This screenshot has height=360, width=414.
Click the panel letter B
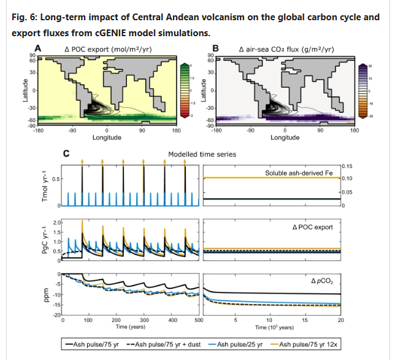pos(215,48)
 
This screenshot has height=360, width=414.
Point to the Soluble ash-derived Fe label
pos(299,174)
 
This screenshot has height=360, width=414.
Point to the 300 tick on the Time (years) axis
pos(144,320)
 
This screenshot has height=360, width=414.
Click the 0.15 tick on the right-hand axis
pos(347,166)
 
